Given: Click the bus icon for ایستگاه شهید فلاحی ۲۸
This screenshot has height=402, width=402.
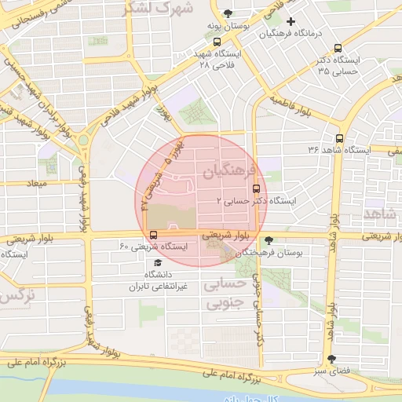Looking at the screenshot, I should coord(217,42).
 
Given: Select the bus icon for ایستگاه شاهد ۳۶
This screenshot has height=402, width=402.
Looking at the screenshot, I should coord(339,137).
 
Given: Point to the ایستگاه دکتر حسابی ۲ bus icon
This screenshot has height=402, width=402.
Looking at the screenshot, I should coord(256,188).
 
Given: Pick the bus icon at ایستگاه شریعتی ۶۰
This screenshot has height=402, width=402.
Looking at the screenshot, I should coord(152,235).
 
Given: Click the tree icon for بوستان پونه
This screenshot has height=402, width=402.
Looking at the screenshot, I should coord(228,13).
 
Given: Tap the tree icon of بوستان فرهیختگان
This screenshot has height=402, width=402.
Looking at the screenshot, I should coord(269,240).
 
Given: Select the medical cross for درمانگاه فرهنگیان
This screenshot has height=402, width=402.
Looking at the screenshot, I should coord(291,21).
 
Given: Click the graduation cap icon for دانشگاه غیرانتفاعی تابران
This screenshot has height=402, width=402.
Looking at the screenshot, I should coord(158,263).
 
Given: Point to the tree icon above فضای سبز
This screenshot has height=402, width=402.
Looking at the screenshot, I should coord(329,358).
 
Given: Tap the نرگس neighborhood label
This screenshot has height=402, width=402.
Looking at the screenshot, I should coord(17,297).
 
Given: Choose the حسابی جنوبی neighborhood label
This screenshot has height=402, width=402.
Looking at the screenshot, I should coord(226,294).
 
